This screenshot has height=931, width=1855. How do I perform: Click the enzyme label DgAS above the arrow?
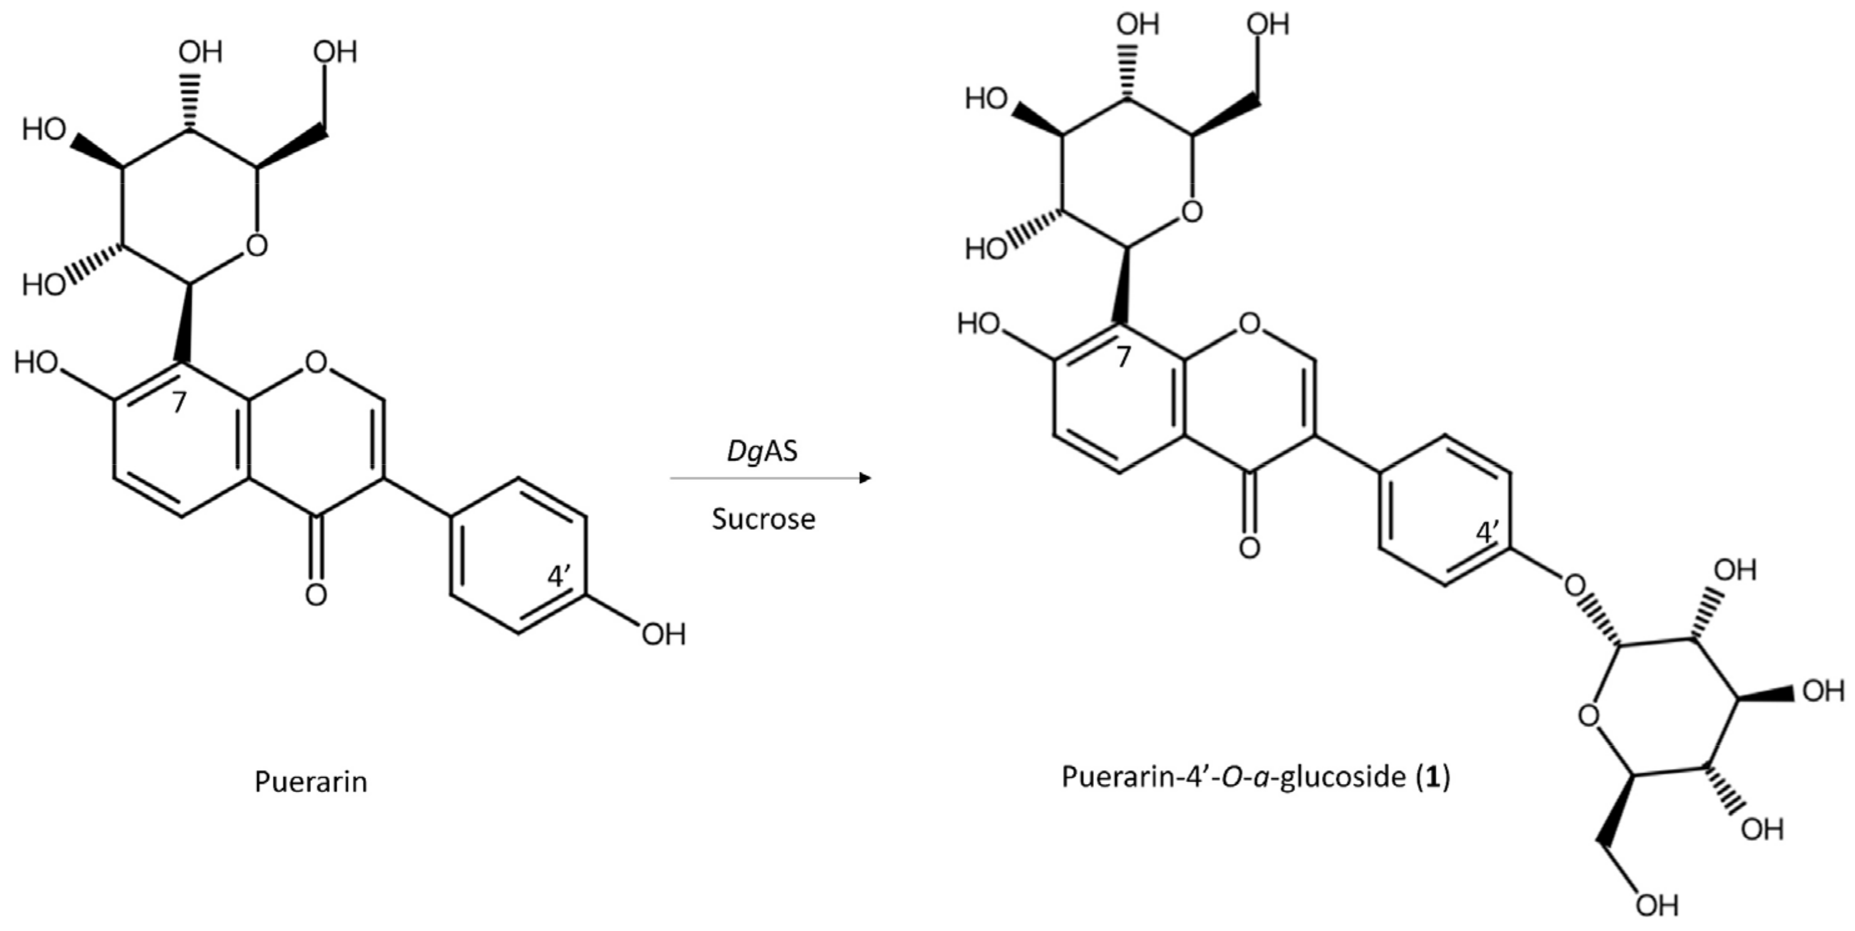[x=762, y=452]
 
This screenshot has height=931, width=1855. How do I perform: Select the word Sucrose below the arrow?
[x=764, y=519]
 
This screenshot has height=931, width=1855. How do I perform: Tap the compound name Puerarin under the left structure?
[x=310, y=782]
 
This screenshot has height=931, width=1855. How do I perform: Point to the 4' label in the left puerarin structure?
[x=560, y=577]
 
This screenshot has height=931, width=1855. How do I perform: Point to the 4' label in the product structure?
[x=1488, y=533]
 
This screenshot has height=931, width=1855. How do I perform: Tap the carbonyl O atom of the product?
[x=1249, y=548]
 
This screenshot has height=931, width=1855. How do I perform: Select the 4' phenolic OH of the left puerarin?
[x=663, y=635]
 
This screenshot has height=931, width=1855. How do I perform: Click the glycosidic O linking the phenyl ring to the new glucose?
[x=1574, y=587]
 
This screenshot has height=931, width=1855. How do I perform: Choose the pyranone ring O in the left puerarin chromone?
[x=315, y=362]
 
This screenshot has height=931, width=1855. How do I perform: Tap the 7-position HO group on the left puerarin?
[x=36, y=362]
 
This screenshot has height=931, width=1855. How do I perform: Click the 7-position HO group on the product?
[x=979, y=324]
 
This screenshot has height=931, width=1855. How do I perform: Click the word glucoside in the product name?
[x=1342, y=777]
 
